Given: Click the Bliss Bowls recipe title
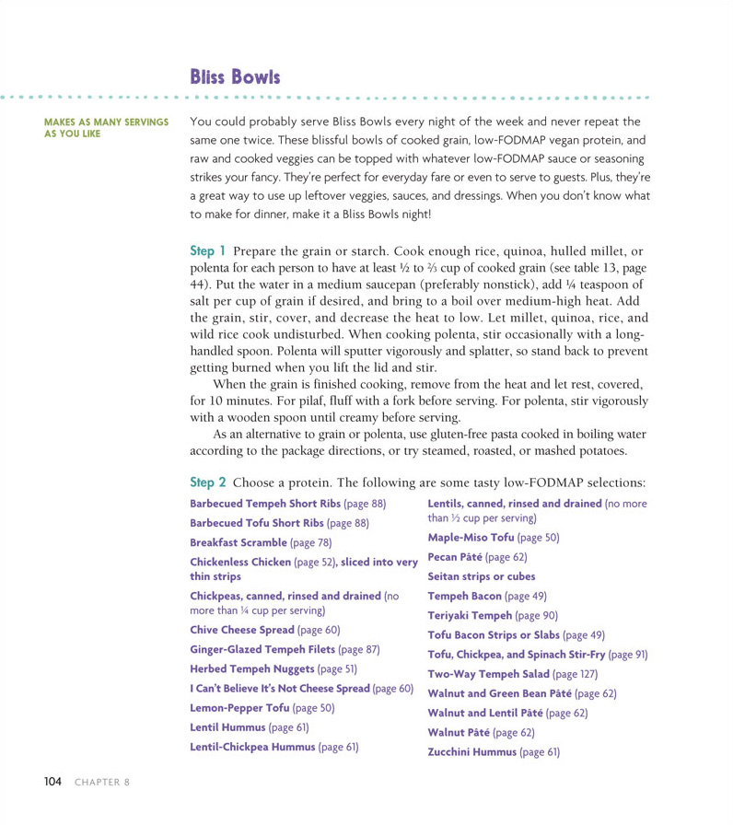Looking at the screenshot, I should [x=235, y=76].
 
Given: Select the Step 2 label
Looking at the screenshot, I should [x=207, y=482].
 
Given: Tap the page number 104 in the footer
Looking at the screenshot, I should [x=52, y=782].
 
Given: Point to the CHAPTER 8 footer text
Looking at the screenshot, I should [x=102, y=782].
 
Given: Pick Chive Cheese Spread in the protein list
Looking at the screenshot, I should [x=244, y=630].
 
